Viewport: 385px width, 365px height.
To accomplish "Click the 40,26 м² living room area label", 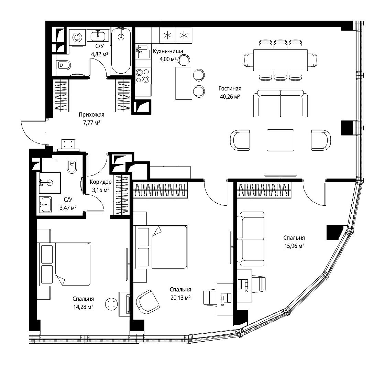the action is (230, 97).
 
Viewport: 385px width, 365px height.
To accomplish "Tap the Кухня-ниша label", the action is (168, 51).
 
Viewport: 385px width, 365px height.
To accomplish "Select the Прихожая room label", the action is (91, 115).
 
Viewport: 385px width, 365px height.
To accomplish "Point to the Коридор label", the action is (101, 182).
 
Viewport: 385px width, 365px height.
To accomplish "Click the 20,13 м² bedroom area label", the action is (181, 298).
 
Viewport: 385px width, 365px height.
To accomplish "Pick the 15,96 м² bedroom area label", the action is (294, 246).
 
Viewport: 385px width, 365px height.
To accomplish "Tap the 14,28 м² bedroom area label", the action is (83, 307).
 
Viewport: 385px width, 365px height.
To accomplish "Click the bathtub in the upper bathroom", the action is (121, 51).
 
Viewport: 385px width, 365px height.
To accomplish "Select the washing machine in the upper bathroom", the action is (77, 37).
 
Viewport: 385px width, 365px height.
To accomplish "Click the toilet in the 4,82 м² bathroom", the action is (64, 65).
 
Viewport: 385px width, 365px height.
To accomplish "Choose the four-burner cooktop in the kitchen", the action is (143, 76).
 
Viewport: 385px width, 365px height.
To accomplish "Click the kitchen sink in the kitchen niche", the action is (143, 51).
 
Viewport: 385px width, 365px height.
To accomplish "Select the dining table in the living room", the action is (280, 60).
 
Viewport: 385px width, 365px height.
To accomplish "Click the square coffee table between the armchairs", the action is (280, 140).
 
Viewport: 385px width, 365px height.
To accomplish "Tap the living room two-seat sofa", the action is (280, 104).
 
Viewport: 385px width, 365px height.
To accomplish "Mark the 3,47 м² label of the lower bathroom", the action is (68, 208).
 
